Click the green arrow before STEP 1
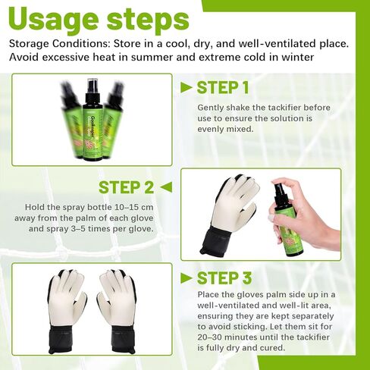click(186, 88)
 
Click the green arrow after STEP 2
click(166, 187)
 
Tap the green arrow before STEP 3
click(186, 278)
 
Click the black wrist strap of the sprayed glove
click(221, 240)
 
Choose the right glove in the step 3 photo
click(118, 303)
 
